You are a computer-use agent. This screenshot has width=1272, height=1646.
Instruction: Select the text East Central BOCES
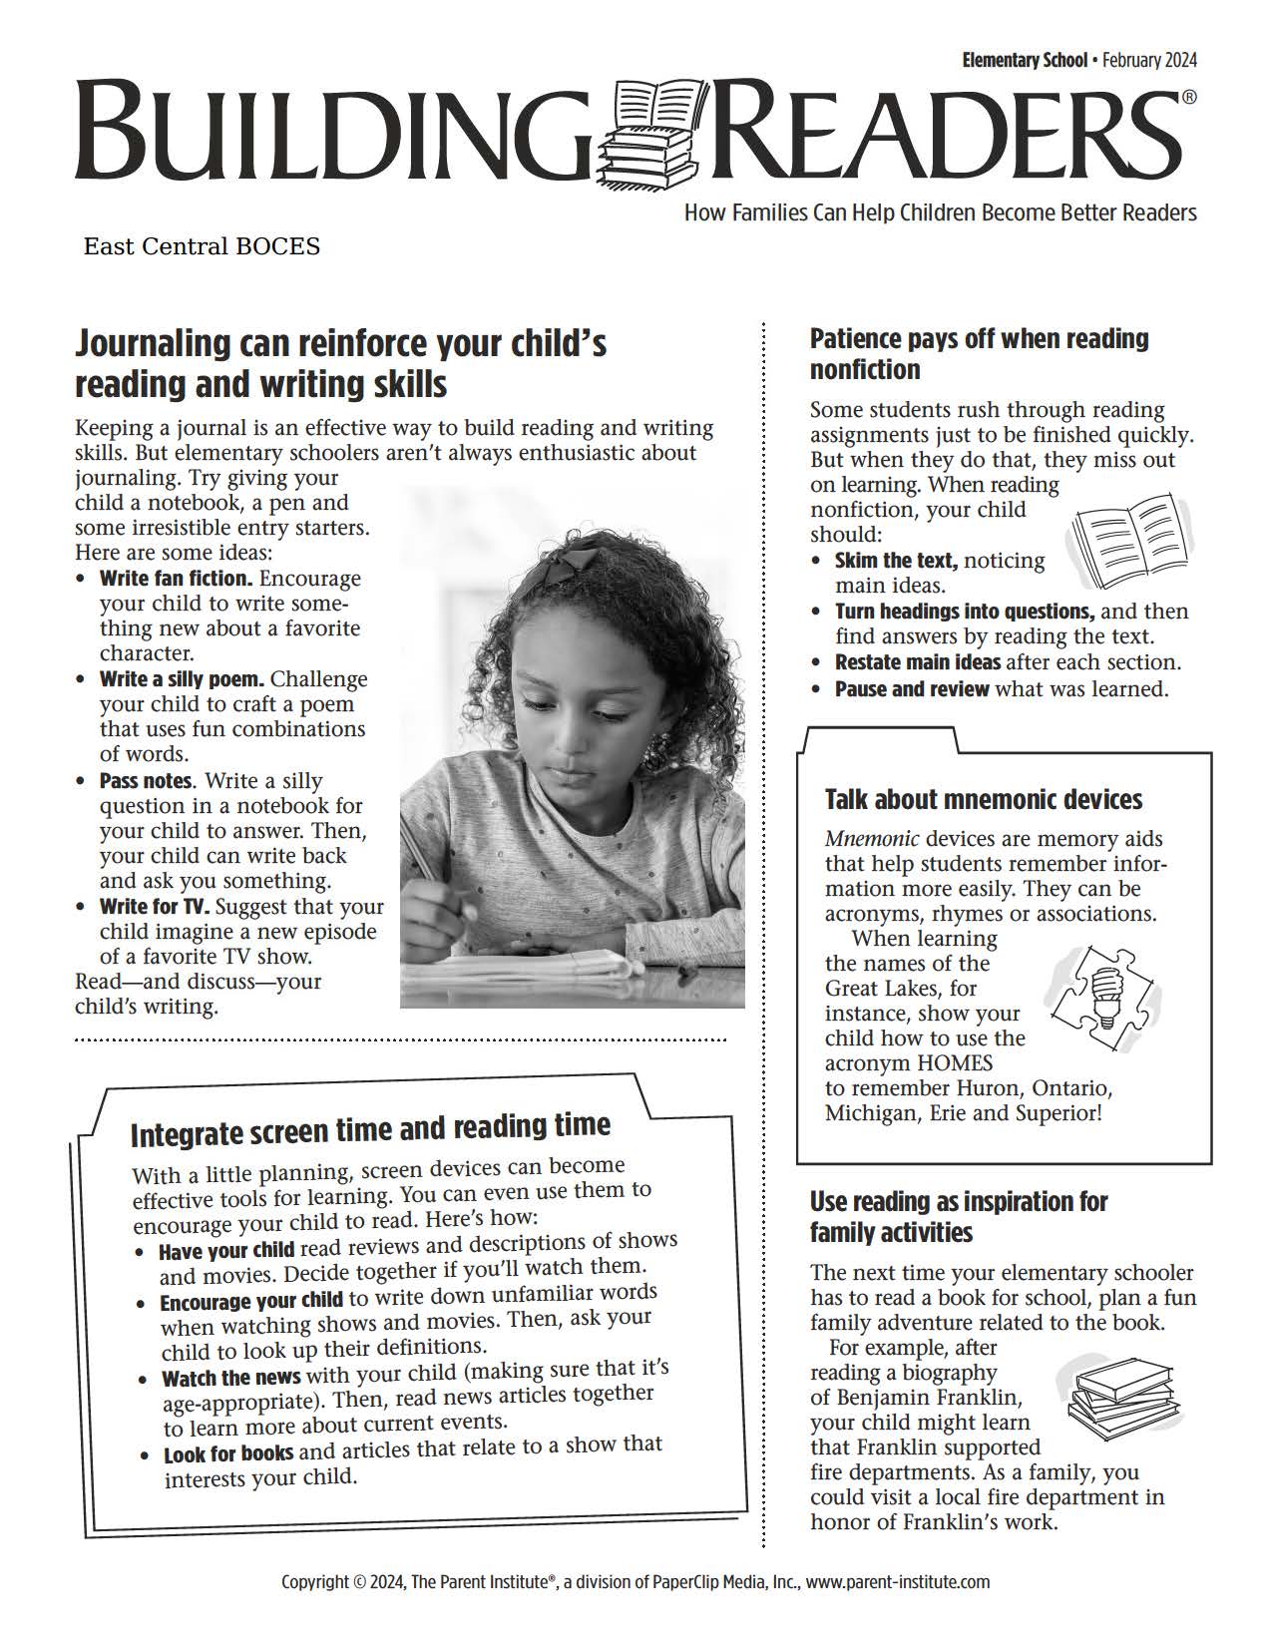click(x=202, y=246)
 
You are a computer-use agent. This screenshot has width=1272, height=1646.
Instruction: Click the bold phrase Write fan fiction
click(x=176, y=579)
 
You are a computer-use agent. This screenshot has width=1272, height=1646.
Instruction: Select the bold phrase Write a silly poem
click(x=182, y=679)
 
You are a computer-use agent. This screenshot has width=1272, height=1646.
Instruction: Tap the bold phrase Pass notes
click(x=146, y=781)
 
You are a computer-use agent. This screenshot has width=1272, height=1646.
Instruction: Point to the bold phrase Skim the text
click(x=896, y=561)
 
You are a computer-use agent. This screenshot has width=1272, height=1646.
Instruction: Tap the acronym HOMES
click(x=954, y=1063)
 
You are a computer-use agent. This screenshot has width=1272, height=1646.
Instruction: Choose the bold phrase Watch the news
click(x=231, y=1379)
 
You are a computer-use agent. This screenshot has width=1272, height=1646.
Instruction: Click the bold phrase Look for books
click(x=228, y=1453)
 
